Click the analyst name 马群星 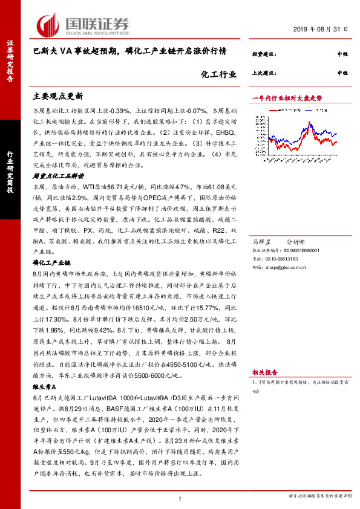click(x=261, y=241)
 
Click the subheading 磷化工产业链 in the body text click(x=51, y=263)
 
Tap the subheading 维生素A click(x=44, y=386)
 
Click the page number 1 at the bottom click(x=180, y=498)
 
